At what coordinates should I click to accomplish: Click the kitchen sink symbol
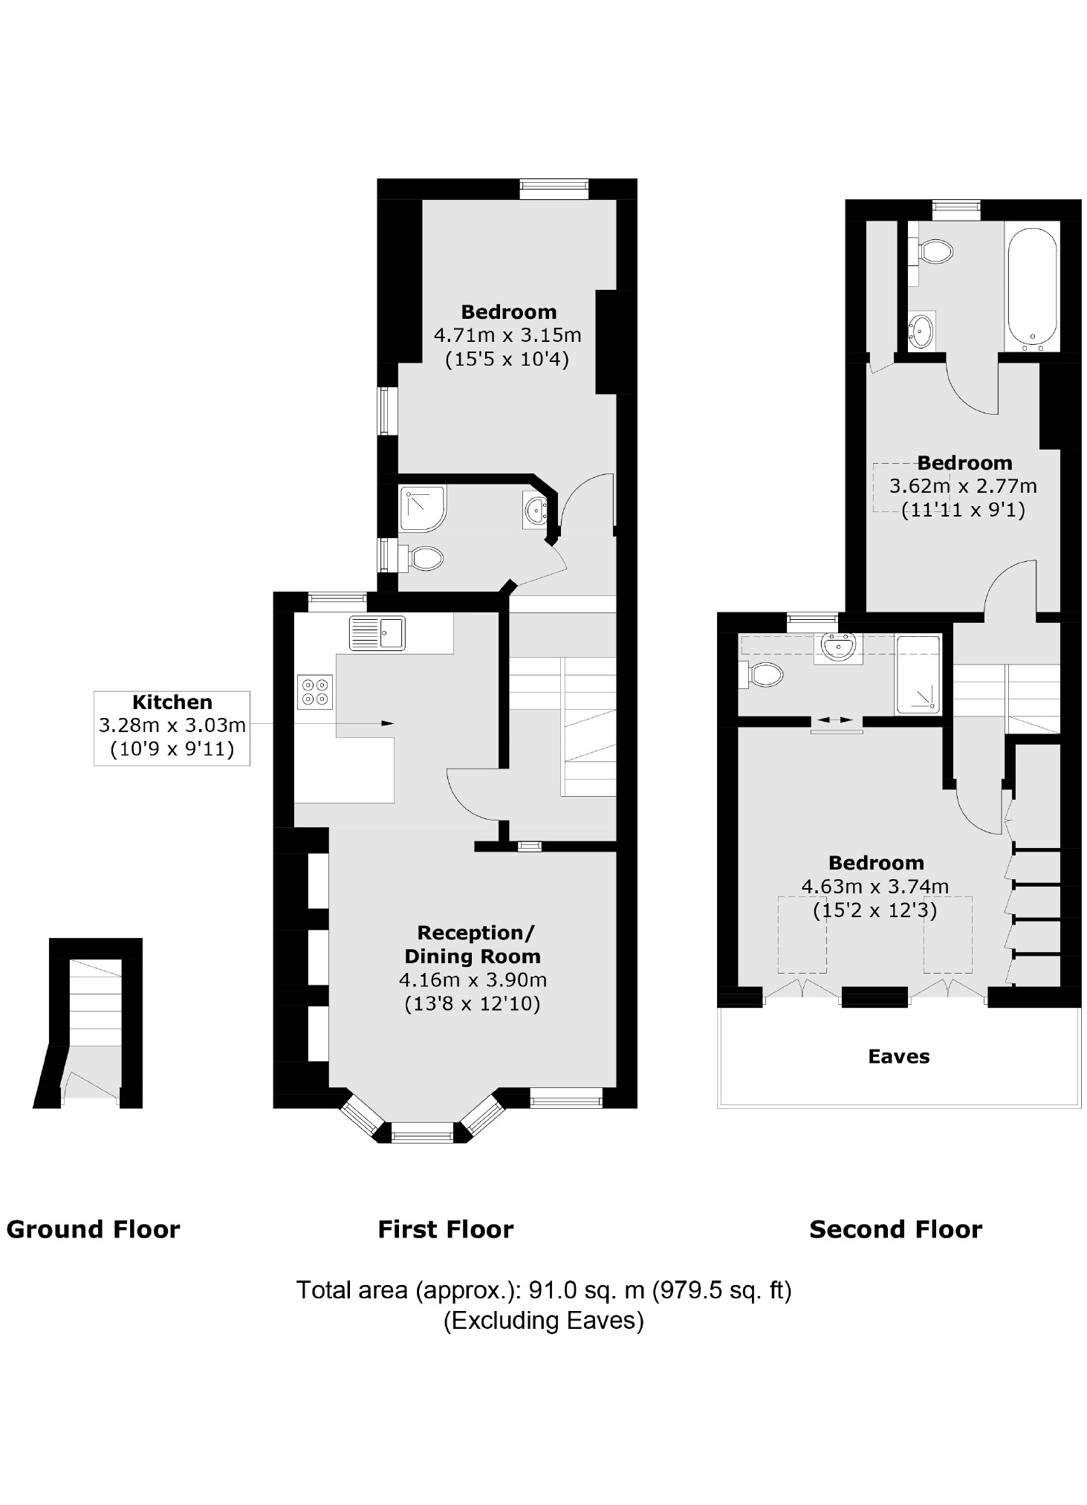pos(377,632)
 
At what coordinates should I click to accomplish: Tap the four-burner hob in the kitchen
pos(315,691)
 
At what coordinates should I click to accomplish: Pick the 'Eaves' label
pos(898,1056)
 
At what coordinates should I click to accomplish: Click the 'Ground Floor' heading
pos(93,1229)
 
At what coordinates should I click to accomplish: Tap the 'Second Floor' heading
pos(895,1229)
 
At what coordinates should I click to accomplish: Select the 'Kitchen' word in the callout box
pos(172,702)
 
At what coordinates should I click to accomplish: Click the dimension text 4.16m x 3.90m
pos(473,980)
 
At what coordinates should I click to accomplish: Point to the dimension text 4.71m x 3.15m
pos(507,335)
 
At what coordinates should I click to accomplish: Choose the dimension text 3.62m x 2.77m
pos(963,486)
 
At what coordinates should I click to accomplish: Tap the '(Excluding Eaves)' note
pos(543,1320)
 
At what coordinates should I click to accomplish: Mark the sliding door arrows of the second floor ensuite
pos(837,720)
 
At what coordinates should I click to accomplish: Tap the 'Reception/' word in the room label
pos(475,933)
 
